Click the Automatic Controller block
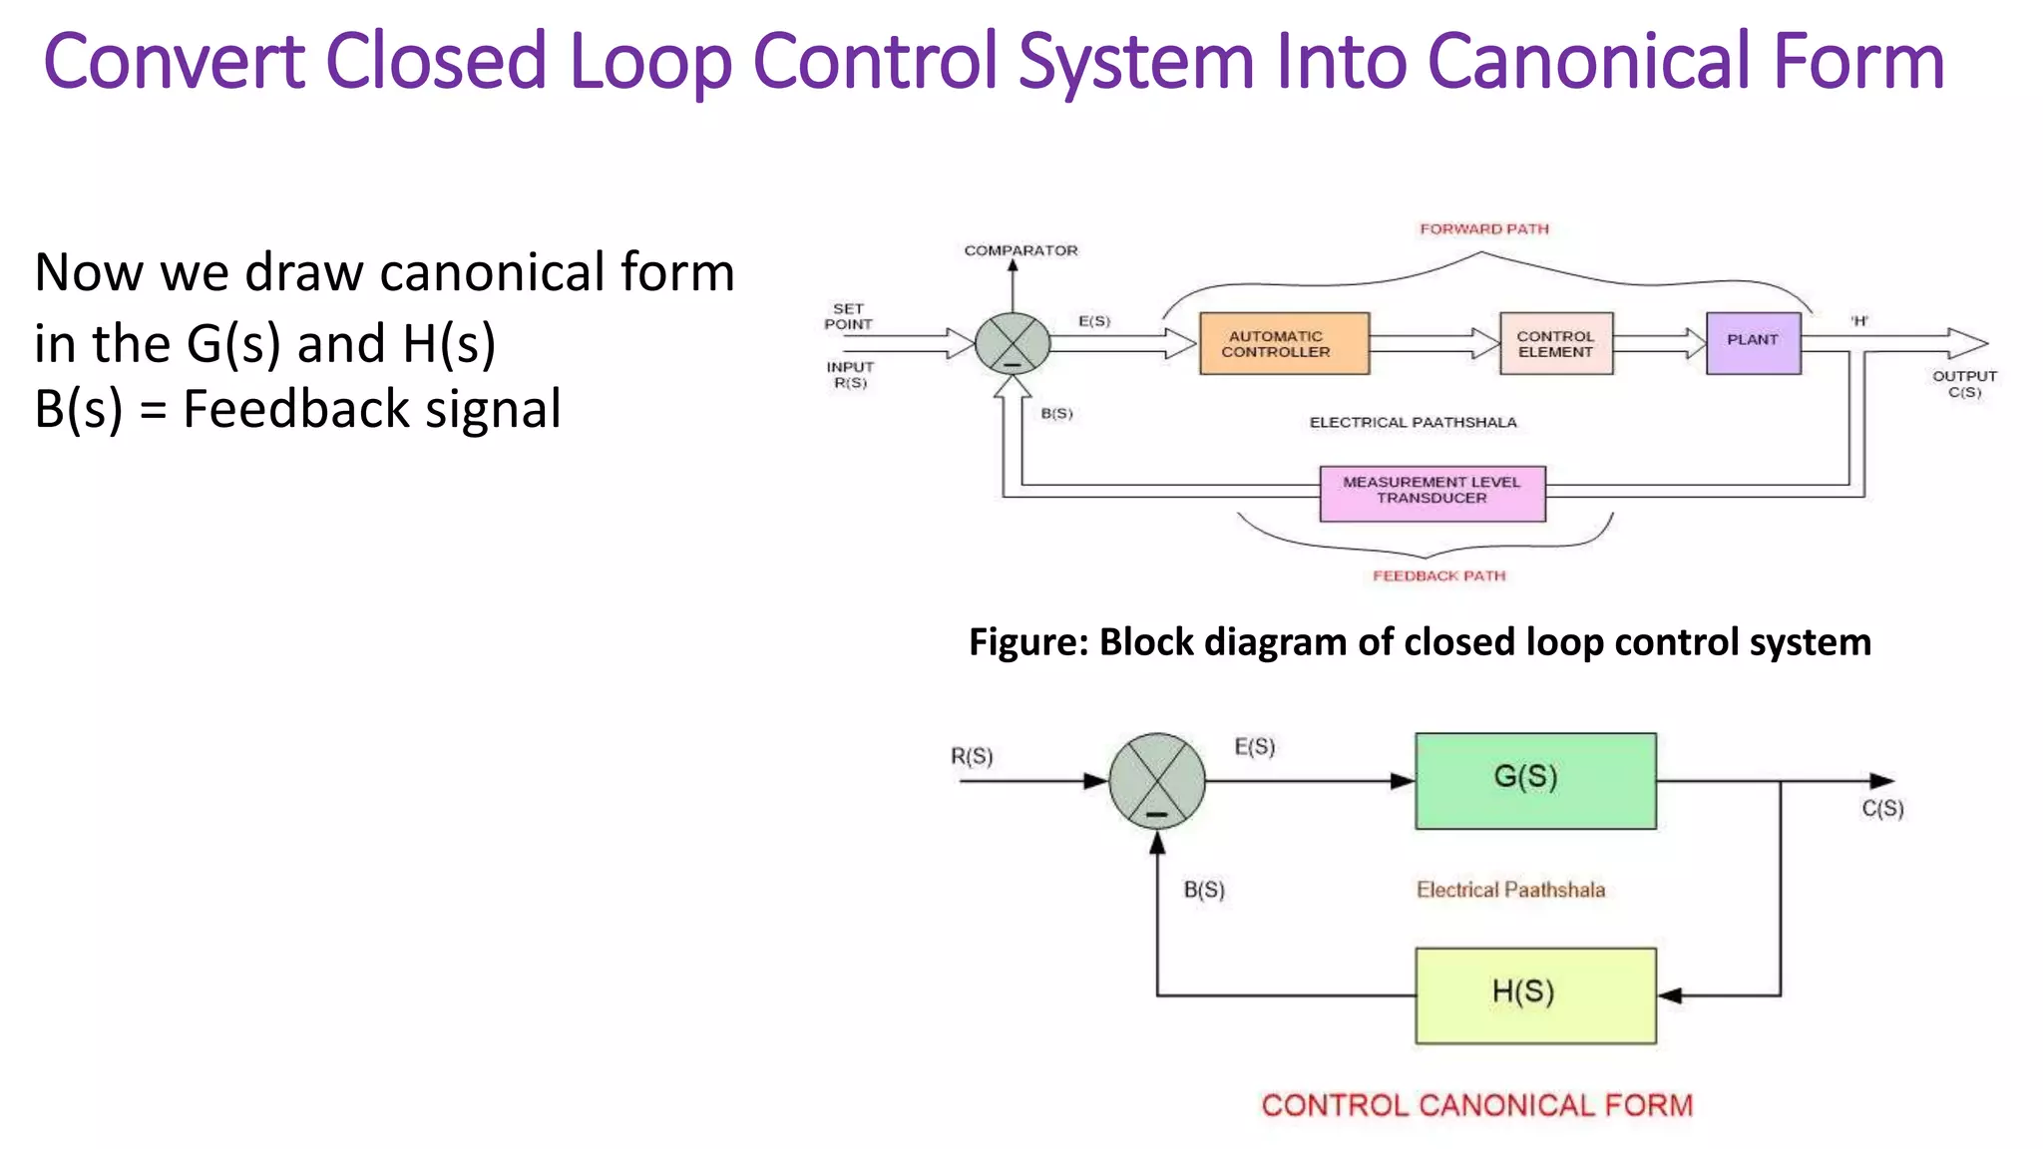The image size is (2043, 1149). (1284, 344)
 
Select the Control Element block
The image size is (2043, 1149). (1555, 344)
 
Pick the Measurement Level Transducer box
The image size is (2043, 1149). (1431, 493)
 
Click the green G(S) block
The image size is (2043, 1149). (1535, 781)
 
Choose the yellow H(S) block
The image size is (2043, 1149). (1535, 995)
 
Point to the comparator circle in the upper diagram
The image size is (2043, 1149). (1013, 343)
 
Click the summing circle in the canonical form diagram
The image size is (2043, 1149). (1156, 781)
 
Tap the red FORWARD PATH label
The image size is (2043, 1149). (1484, 228)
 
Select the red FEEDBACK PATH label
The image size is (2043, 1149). (1438, 575)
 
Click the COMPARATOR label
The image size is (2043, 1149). (1021, 250)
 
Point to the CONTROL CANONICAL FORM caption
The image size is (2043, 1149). (1476, 1105)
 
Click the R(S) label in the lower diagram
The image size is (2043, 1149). (971, 756)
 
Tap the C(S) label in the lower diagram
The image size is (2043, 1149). (1882, 808)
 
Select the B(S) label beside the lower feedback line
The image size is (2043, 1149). (1203, 890)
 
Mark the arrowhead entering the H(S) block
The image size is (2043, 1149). (1670, 995)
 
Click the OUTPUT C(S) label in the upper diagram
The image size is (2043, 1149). (1964, 384)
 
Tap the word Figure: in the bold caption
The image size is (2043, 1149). (1027, 641)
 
